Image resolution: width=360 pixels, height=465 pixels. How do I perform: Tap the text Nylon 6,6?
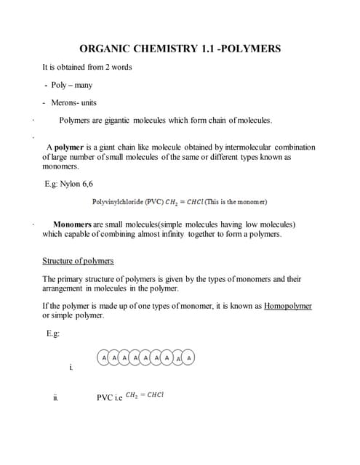coord(76,184)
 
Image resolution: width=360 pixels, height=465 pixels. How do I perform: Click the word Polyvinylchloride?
coord(120,201)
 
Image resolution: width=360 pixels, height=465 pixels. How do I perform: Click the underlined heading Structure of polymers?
coord(78,260)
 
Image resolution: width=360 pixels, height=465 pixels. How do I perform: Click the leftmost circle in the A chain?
coord(105,357)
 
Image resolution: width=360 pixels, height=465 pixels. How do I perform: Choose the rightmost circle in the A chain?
coord(190,357)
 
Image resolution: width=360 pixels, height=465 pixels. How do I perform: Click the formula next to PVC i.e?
coord(144,395)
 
